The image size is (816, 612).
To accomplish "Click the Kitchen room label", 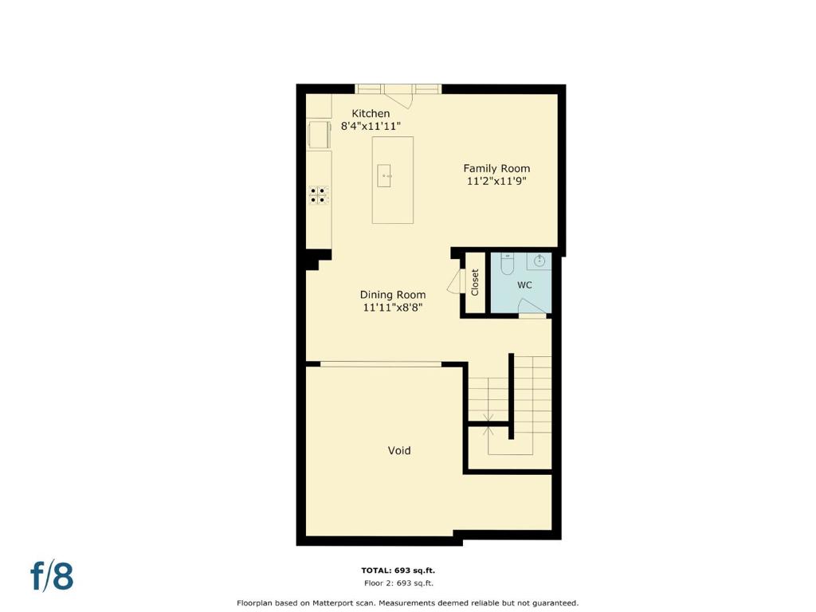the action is click(x=371, y=113).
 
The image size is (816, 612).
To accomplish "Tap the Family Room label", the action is click(x=496, y=168).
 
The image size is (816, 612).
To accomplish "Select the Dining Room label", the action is click(x=393, y=295).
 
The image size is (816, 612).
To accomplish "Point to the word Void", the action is click(x=399, y=450).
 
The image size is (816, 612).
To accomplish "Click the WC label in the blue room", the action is click(x=524, y=284).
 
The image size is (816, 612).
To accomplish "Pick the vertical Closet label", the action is click(x=475, y=282).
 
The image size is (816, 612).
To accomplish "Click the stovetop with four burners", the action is click(x=319, y=195).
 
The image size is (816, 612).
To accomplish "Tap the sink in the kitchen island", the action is click(x=385, y=176).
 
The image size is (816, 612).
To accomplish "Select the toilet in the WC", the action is click(x=507, y=264).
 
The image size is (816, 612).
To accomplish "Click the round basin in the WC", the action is click(x=539, y=261).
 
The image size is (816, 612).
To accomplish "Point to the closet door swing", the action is click(x=455, y=281).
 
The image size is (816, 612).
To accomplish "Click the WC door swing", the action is click(x=533, y=307).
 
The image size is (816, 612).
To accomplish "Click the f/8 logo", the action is click(x=52, y=575).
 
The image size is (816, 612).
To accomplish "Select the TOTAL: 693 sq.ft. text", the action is click(x=398, y=571).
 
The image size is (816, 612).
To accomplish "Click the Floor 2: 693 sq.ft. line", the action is click(x=398, y=583).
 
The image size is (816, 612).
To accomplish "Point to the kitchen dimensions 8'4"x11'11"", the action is click(x=371, y=126).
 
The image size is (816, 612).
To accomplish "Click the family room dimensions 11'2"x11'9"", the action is click(x=496, y=181).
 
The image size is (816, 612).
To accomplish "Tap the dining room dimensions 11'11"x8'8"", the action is click(x=392, y=308).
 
